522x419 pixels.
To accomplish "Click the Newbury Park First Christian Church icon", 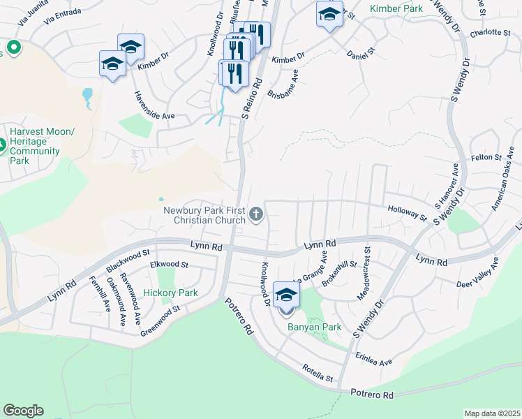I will coord(256,214).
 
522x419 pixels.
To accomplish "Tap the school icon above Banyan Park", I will coord(286,296).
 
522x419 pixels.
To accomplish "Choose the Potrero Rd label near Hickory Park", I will coord(239,317).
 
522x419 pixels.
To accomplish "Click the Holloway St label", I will coord(408,212).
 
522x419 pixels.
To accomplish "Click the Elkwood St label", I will coord(170,265).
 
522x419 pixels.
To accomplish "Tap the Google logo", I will coord(23,411).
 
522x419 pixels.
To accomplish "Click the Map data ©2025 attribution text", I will coord(492,413).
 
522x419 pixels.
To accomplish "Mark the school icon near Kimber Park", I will coord(330,14).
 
